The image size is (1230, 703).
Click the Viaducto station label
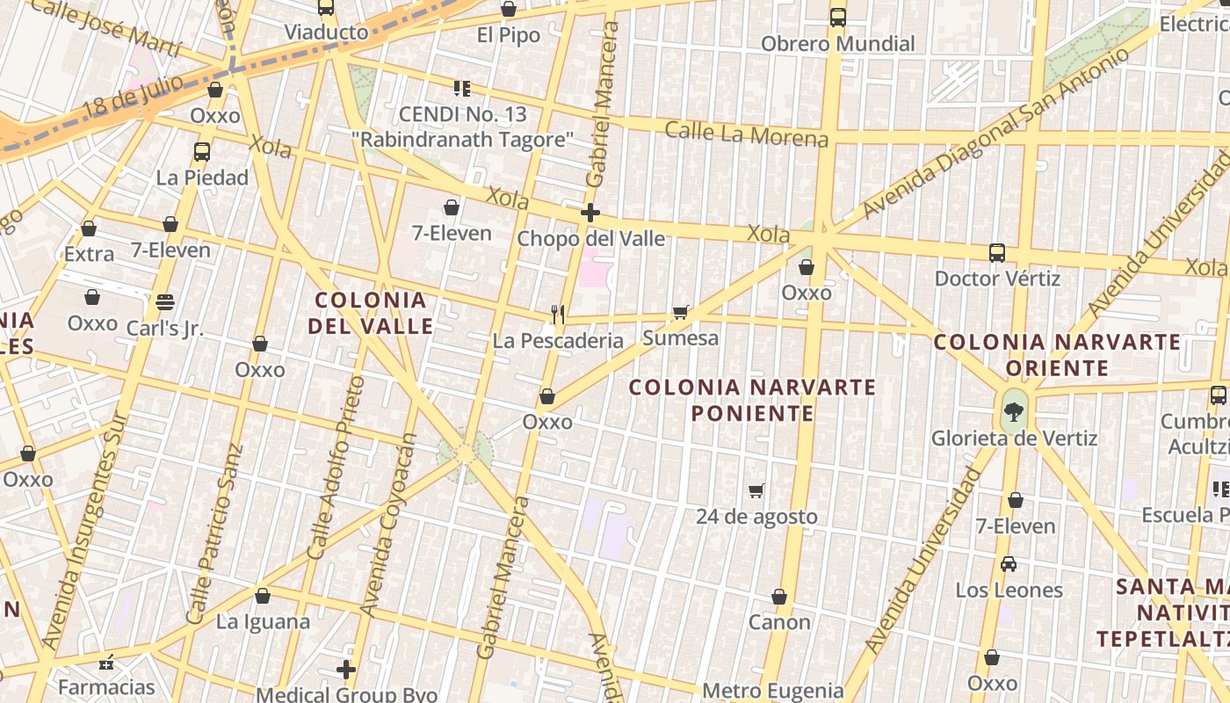(326, 33)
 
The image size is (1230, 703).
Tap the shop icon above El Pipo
(508, 10)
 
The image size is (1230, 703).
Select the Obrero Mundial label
(837, 44)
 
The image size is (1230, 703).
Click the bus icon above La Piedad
(202, 151)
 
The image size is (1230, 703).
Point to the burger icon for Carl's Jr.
(165, 302)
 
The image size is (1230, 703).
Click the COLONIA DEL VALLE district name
(371, 313)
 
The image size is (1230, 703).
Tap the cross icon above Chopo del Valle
(590, 213)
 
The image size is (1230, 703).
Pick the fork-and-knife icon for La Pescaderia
(557, 314)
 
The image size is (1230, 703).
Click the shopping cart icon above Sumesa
(680, 312)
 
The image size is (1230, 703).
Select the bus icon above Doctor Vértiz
(997, 253)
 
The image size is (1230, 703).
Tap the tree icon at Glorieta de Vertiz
(1014, 411)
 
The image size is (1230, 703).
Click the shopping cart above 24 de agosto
(756, 490)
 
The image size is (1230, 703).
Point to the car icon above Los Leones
(1009, 564)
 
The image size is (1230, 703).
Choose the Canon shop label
(779, 622)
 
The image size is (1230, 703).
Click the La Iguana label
(263, 622)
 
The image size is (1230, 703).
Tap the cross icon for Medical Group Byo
(346, 670)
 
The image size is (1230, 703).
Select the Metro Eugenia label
(773, 691)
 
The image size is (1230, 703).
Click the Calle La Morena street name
(746, 134)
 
